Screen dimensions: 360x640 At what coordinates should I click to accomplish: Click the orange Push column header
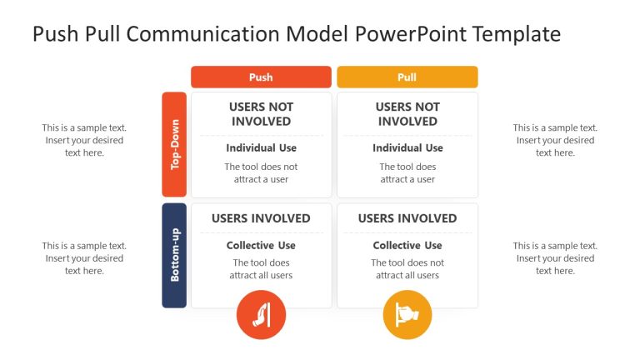pos(261,77)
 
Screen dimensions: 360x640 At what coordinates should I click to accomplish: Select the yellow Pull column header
pos(407,77)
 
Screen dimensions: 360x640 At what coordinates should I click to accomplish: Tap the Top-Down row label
pos(174,145)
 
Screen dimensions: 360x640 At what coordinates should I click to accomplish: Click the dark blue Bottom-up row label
pos(174,255)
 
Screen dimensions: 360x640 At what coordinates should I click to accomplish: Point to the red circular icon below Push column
pos(261,315)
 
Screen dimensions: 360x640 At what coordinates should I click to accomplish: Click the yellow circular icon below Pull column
pos(407,315)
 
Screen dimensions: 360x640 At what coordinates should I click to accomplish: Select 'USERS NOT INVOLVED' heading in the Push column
pos(261,114)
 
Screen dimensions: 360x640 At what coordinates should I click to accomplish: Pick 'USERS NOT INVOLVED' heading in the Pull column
pos(407,114)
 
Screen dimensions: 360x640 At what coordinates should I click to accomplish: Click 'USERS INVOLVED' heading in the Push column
pos(261,218)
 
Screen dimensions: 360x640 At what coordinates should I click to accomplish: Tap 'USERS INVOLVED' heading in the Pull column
pos(407,218)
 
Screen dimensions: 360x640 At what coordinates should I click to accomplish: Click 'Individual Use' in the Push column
pos(261,148)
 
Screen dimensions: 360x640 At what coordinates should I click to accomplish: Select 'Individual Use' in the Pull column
pos(407,148)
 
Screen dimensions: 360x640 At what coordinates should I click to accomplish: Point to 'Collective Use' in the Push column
pos(261,246)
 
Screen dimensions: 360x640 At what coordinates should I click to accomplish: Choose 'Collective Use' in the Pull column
pos(407,246)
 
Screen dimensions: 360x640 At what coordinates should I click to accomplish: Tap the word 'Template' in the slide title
pos(516,34)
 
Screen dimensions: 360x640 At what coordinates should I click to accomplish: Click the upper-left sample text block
pos(84,140)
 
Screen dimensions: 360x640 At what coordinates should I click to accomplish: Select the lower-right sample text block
pos(555,258)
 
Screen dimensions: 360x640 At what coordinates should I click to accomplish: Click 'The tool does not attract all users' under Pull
pos(407,269)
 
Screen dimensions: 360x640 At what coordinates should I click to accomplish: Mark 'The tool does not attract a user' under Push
pos(261,173)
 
